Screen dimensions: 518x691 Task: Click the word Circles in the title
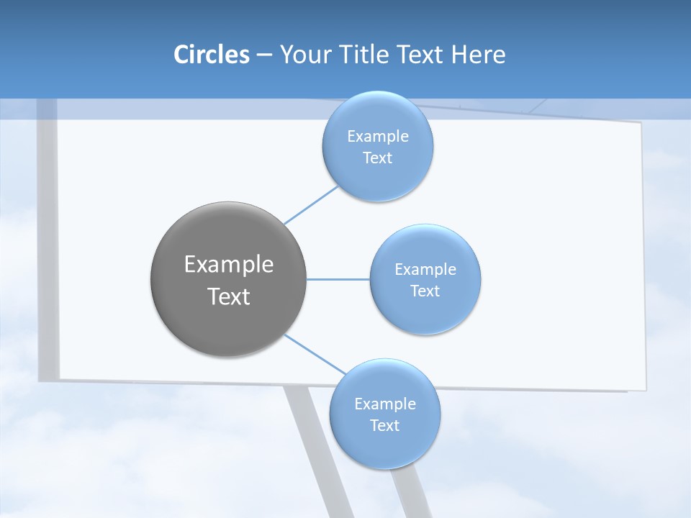click(x=211, y=55)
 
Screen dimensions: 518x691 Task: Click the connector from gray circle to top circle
click(x=311, y=205)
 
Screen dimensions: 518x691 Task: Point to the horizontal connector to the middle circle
click(x=338, y=279)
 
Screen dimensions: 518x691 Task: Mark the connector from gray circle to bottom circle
click(x=314, y=354)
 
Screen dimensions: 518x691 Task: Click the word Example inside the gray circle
click(x=229, y=265)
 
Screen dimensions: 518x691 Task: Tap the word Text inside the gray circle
click(x=229, y=296)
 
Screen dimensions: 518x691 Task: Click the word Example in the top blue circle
click(x=378, y=137)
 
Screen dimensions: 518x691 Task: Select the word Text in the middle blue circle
click(x=425, y=291)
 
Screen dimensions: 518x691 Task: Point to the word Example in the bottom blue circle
click(x=385, y=404)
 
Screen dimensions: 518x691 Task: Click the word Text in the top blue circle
click(x=378, y=158)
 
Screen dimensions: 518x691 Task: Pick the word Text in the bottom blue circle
click(x=385, y=426)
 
